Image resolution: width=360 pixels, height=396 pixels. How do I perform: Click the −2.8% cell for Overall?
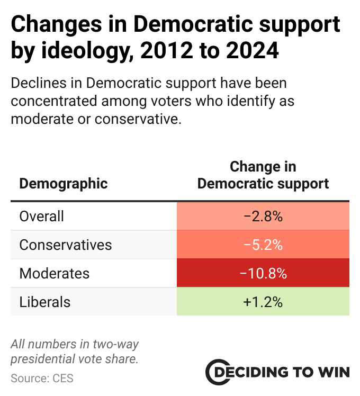pyautogui.click(x=263, y=217)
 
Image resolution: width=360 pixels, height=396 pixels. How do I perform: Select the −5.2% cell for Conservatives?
pyautogui.click(x=263, y=245)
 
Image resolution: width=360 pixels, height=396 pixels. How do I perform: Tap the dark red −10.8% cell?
pyautogui.click(x=263, y=274)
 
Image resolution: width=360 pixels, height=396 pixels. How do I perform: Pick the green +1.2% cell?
pyautogui.click(x=263, y=302)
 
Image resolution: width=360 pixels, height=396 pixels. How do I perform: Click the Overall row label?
pyautogui.click(x=41, y=217)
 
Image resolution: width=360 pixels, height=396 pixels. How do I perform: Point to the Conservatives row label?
pyautogui.click(x=66, y=245)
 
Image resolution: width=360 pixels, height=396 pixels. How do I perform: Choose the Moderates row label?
pyautogui.click(x=54, y=274)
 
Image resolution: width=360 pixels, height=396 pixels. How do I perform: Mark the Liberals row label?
pyautogui.click(x=45, y=302)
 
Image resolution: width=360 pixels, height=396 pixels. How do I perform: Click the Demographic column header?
pyautogui.click(x=63, y=184)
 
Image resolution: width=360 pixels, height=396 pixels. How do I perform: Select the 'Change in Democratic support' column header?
pyautogui.click(x=263, y=175)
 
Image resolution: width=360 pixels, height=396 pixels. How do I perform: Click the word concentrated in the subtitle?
pyautogui.click(x=57, y=101)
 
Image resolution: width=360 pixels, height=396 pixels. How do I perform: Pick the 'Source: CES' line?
pyautogui.click(x=42, y=378)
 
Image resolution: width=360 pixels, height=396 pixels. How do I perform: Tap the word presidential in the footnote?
pyautogui.click(x=44, y=359)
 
